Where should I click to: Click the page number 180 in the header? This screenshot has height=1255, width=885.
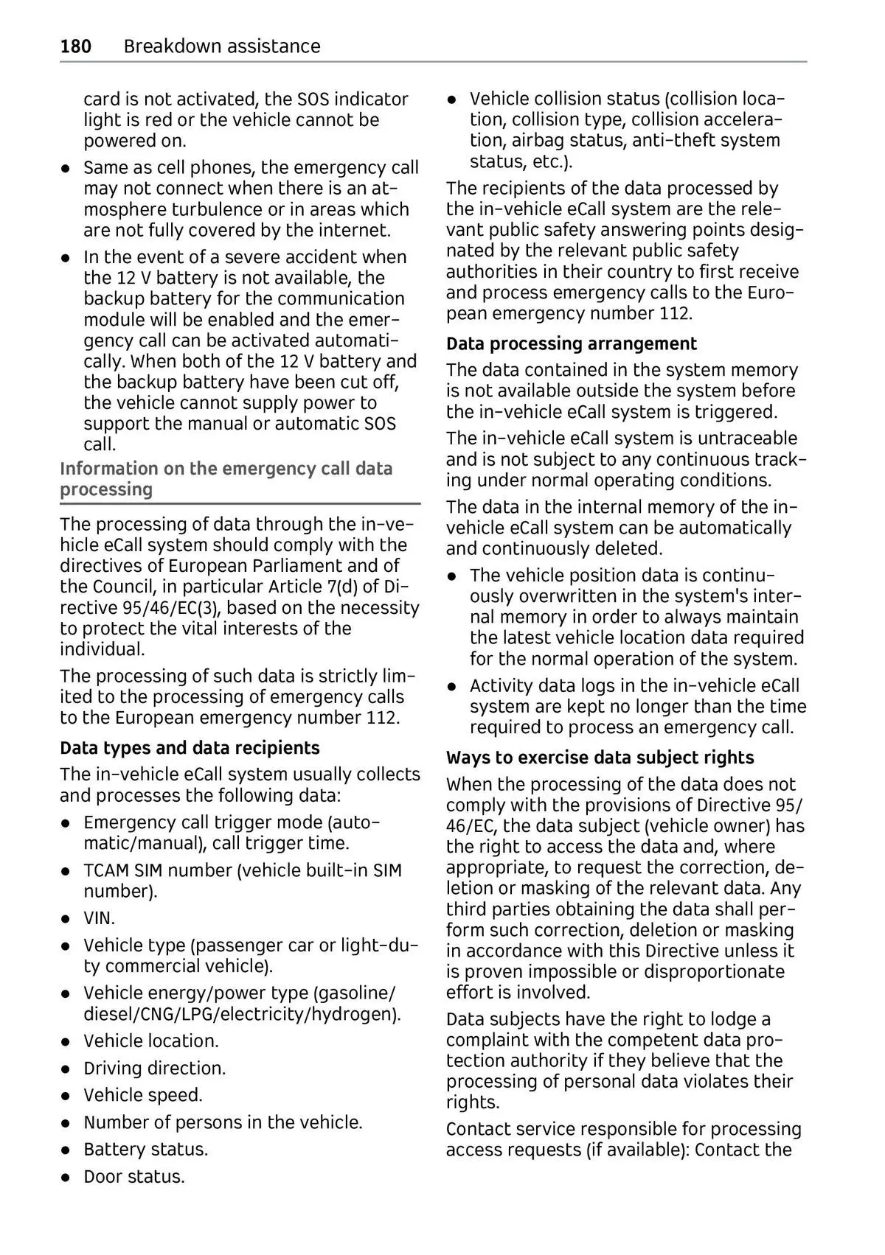(76, 46)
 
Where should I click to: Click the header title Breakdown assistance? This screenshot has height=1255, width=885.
(222, 46)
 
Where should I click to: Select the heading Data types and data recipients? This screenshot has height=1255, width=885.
(190, 748)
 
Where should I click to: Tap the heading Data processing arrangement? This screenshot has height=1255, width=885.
(571, 344)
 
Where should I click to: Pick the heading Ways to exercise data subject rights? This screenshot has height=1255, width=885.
(600, 758)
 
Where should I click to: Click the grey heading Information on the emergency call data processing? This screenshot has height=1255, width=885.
(226, 479)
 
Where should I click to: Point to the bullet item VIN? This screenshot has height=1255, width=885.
(99, 918)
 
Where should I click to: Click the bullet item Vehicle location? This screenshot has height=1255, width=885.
(150, 1041)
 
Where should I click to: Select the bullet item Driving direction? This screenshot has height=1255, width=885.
(154, 1069)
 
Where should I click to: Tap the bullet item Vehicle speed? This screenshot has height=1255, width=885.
(142, 1095)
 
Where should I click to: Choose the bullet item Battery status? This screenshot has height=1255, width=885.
(145, 1150)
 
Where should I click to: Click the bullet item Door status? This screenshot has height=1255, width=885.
(133, 1177)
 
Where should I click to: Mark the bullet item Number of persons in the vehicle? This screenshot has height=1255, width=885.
(223, 1122)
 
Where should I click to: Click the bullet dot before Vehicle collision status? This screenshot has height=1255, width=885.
(451, 99)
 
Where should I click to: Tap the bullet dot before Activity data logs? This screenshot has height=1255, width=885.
(451, 686)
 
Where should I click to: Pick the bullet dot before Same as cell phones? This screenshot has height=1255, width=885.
(66, 168)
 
